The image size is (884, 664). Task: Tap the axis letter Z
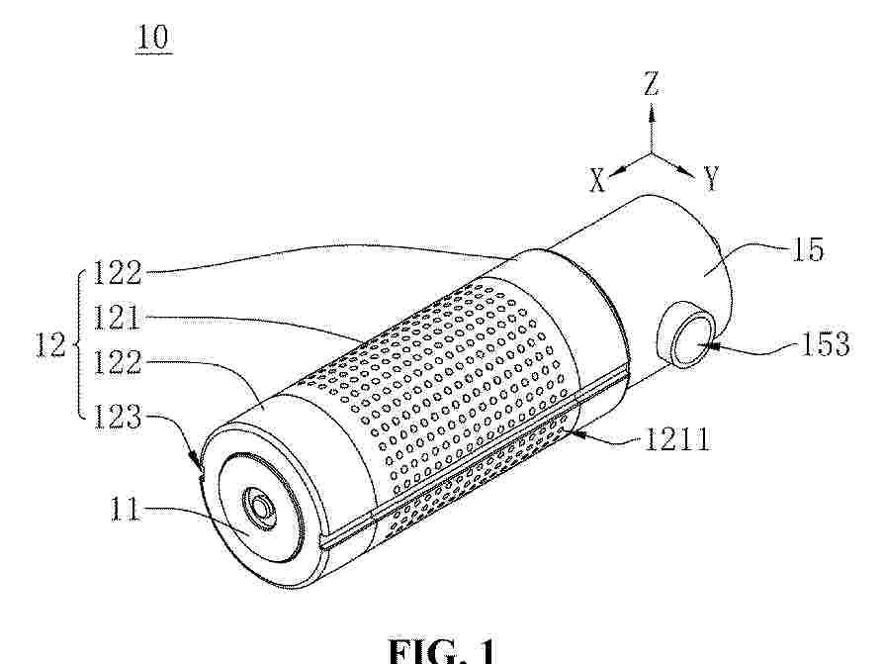[x=652, y=83]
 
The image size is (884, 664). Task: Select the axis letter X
[x=597, y=181]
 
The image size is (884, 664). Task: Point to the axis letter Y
[x=712, y=179]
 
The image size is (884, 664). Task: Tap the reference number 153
[x=826, y=343]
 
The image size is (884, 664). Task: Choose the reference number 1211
[x=676, y=437]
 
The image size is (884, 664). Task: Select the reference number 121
[x=117, y=317]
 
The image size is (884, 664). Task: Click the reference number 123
[x=117, y=418]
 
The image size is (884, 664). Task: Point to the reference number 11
[x=124, y=510]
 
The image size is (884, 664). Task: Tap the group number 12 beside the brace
[x=50, y=343]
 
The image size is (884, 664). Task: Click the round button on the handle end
[x=689, y=339]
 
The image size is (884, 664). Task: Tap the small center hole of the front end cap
[x=260, y=506]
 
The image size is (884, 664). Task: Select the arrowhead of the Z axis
[x=652, y=115]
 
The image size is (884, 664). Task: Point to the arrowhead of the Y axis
[x=686, y=171]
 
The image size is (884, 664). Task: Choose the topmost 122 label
[x=117, y=273]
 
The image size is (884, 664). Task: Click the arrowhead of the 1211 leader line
[x=576, y=433]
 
